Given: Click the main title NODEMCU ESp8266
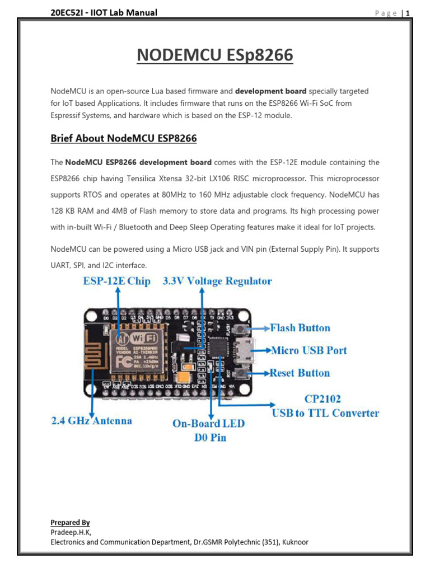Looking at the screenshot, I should point(215,56).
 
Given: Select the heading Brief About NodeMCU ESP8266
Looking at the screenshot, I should point(124,138).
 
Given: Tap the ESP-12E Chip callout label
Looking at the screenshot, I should point(117,281).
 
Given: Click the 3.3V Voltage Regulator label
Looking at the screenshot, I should point(217,281).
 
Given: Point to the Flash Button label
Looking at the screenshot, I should point(300,328).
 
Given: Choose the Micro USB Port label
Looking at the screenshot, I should point(309,350).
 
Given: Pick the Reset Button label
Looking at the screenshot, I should point(300,373).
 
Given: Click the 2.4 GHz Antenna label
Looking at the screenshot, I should point(91,420).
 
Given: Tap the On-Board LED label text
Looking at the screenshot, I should point(208,424).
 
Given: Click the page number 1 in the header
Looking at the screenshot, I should point(409,13).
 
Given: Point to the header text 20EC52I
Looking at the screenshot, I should point(67,12).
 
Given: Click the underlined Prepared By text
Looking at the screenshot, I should point(70,523).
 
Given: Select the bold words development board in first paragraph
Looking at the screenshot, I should point(270,91).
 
